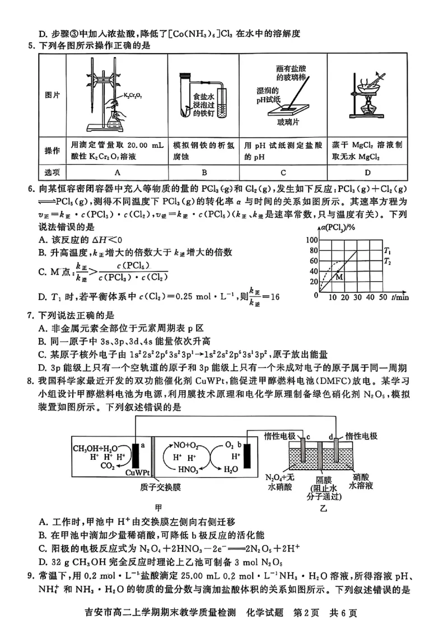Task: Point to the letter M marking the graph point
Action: pos(339,277)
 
